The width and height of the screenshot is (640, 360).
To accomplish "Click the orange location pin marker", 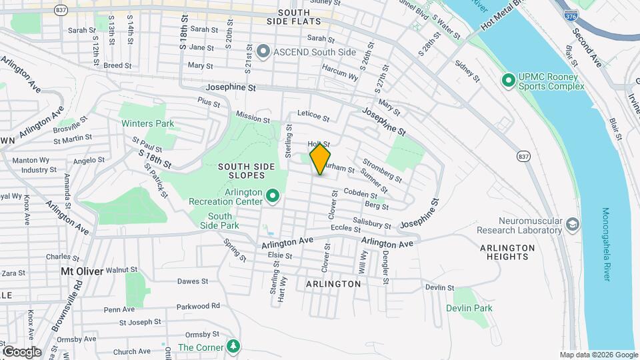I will pyautogui.click(x=321, y=159).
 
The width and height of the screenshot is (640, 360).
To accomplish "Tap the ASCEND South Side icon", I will pyautogui.click(x=264, y=51).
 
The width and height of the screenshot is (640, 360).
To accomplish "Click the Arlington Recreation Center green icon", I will pyautogui.click(x=273, y=196).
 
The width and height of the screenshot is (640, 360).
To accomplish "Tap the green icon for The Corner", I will pyautogui.click(x=233, y=347).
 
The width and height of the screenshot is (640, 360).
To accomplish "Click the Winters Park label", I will pyautogui.click(x=147, y=123).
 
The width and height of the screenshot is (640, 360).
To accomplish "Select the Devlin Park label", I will pyautogui.click(x=469, y=308).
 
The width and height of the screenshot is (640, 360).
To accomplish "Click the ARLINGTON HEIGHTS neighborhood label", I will pyautogui.click(x=507, y=252).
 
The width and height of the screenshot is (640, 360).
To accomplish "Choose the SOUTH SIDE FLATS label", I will pyautogui.click(x=304, y=17).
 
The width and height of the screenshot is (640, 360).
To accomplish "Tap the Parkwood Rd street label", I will pyautogui.click(x=198, y=306).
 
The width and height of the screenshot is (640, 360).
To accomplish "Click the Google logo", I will pyautogui.click(x=22, y=351).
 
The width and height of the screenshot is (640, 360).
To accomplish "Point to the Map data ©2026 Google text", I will pyautogui.click(x=598, y=355).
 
